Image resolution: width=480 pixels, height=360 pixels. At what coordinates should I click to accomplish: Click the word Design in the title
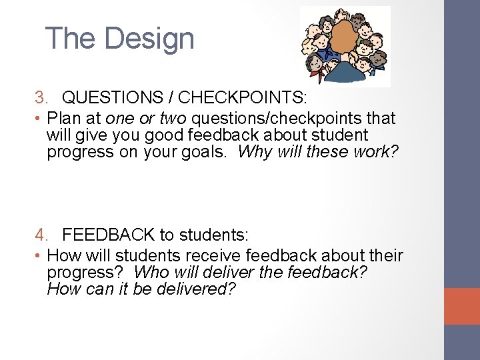149,39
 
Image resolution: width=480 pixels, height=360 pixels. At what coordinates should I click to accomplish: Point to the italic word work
373,152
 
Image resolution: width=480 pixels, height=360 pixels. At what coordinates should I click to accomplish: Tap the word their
385,255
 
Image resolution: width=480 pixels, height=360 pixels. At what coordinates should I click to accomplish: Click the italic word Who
150,273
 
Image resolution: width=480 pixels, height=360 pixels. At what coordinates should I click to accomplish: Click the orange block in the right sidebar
461,306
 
